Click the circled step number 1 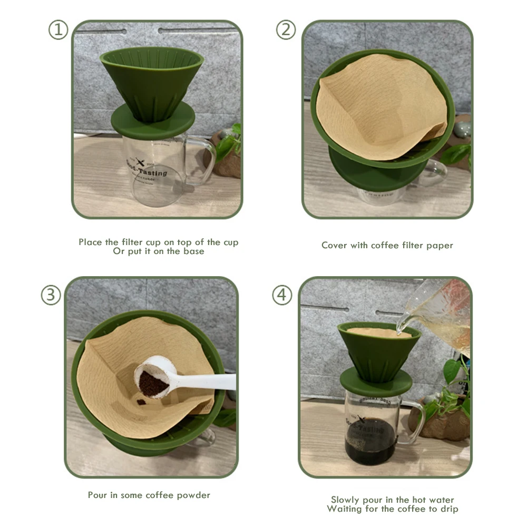tap(58, 30)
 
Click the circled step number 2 tap(285, 30)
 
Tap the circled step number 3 tap(51, 295)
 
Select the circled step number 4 tap(282, 295)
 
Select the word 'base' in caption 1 tap(193, 251)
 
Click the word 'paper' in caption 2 tap(439, 245)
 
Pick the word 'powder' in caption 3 tap(193, 495)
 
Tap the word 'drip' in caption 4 tap(448, 509)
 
